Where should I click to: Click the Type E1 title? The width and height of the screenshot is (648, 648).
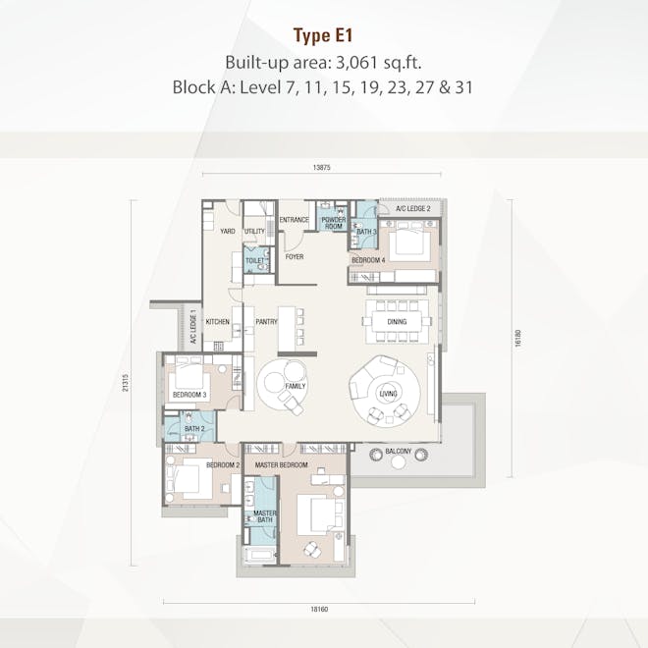pos(323,36)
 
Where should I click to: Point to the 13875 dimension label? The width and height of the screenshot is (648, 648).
pos(324,168)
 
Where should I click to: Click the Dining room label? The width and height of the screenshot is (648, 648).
pos(397,321)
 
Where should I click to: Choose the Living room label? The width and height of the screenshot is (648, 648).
pos(387,395)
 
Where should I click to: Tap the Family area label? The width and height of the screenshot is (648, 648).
pos(296,386)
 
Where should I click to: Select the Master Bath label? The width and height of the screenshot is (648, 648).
pos(264,516)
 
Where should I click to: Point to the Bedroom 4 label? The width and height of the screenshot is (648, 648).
pos(368,260)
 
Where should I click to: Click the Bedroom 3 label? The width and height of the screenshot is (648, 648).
pos(188,395)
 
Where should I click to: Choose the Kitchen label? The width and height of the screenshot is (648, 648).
pos(218,321)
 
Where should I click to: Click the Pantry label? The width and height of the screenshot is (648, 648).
pos(265,321)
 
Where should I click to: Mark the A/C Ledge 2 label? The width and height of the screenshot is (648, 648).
pos(413,209)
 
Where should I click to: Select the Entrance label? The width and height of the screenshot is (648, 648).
pos(294,220)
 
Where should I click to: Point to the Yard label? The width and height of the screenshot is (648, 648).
pos(227,232)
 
